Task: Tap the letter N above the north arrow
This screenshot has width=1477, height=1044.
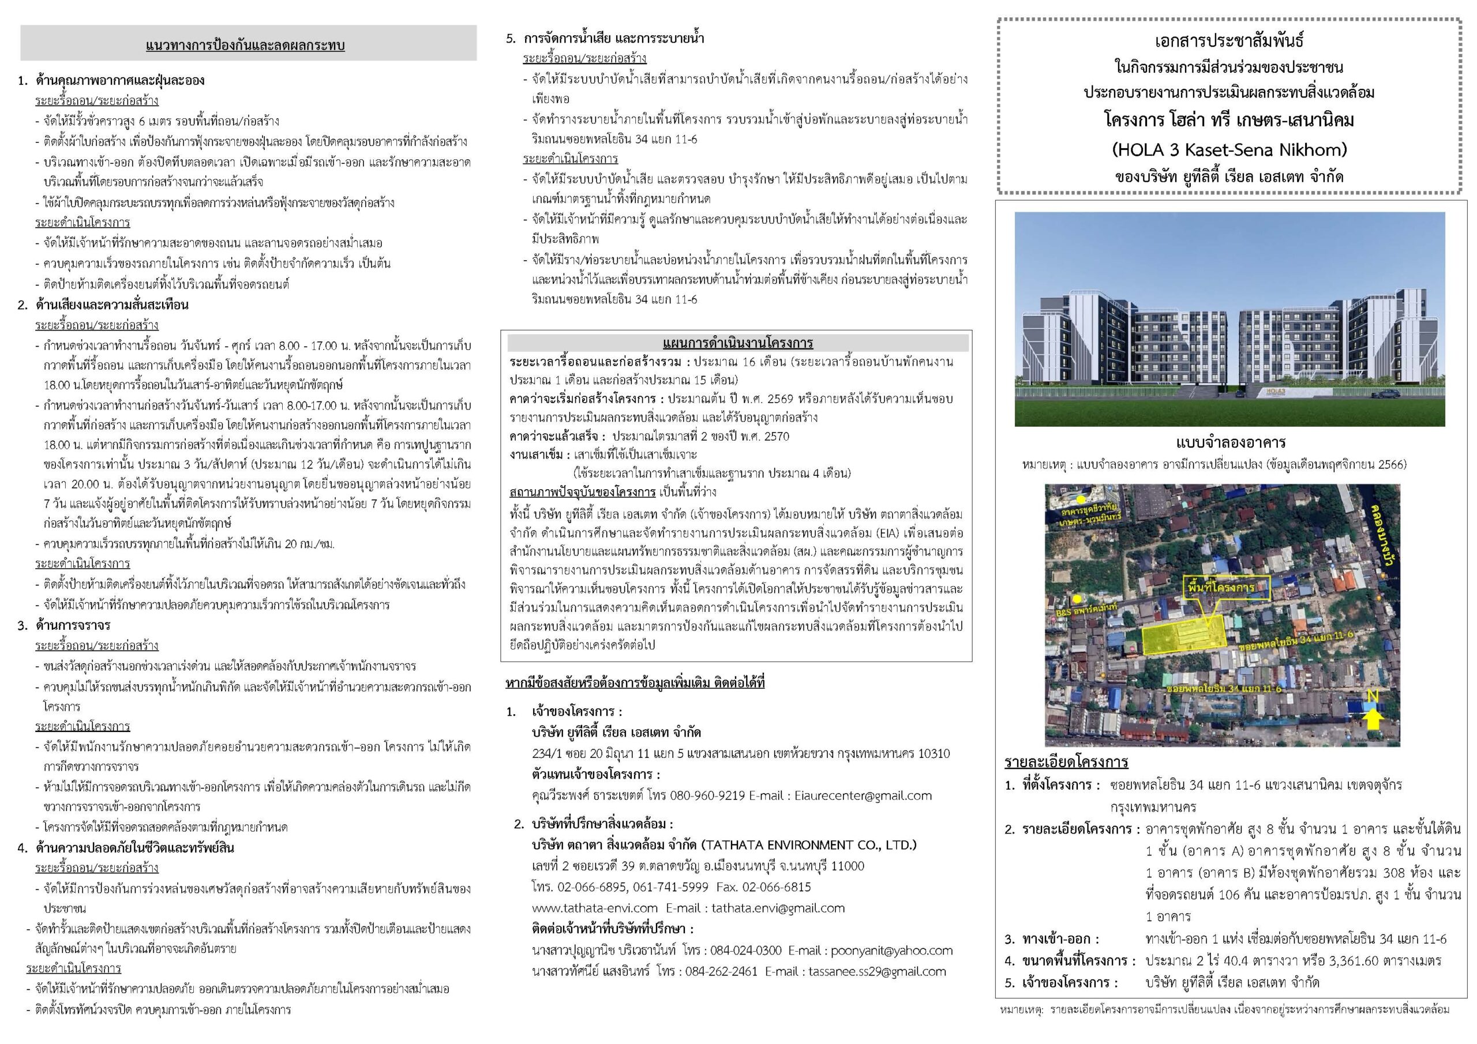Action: pyautogui.click(x=1372, y=697)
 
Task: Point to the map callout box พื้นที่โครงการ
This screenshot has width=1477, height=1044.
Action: pyautogui.click(x=1228, y=587)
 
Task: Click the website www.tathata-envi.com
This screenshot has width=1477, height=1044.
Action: pyautogui.click(x=594, y=908)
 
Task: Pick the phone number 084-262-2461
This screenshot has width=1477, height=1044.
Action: pyautogui.click(x=721, y=971)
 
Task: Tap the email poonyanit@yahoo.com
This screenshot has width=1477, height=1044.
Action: pyautogui.click(x=891, y=950)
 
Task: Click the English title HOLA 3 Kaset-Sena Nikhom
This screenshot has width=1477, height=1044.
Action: pyautogui.click(x=1229, y=150)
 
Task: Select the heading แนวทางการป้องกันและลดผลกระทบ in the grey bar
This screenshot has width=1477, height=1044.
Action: pyautogui.click(x=245, y=45)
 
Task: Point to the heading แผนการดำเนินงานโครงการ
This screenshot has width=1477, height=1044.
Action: pyautogui.click(x=737, y=343)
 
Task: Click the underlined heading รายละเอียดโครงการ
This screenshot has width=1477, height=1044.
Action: pyautogui.click(x=1066, y=763)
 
